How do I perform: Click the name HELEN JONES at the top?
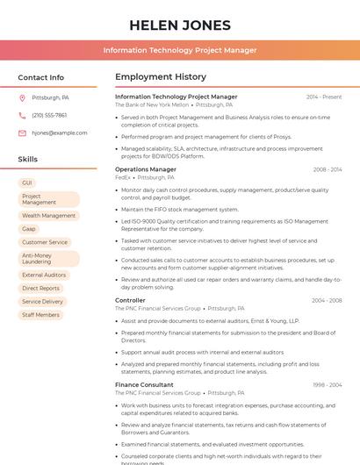pos(179,25)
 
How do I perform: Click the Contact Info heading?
pos(40,77)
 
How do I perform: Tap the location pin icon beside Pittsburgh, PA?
pos(22,97)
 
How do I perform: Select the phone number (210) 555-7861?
pos(49,115)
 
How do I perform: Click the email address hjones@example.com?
pos(59,133)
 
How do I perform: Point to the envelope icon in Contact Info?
pos(22,133)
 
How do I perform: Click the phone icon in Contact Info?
pos(22,115)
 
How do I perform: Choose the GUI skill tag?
pos(27,182)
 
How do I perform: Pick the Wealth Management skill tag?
pos(48,215)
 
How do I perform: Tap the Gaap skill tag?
pos(29,229)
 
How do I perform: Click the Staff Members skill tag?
pos(40,315)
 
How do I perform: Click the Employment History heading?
pos(161,77)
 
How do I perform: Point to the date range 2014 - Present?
pos(324,97)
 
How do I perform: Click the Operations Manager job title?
pos(145,169)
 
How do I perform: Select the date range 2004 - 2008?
pos(327,300)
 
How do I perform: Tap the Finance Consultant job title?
pos(144,384)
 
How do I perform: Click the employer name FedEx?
pos(122,177)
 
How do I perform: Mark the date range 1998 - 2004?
pos(327,384)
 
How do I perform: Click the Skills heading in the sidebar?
pos(27,159)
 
